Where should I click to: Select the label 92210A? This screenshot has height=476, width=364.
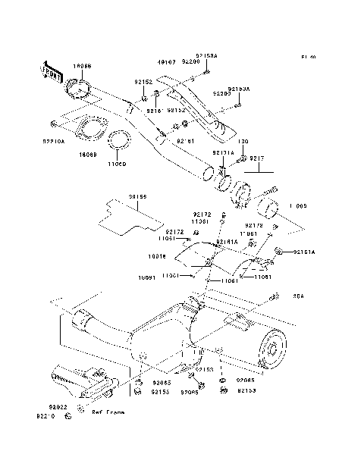click(54, 141)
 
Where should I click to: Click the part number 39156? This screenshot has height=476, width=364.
click(137, 197)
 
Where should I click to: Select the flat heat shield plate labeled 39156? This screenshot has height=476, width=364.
click(125, 214)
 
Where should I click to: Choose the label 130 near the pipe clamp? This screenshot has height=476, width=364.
click(243, 142)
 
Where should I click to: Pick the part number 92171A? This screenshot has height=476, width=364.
click(224, 153)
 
